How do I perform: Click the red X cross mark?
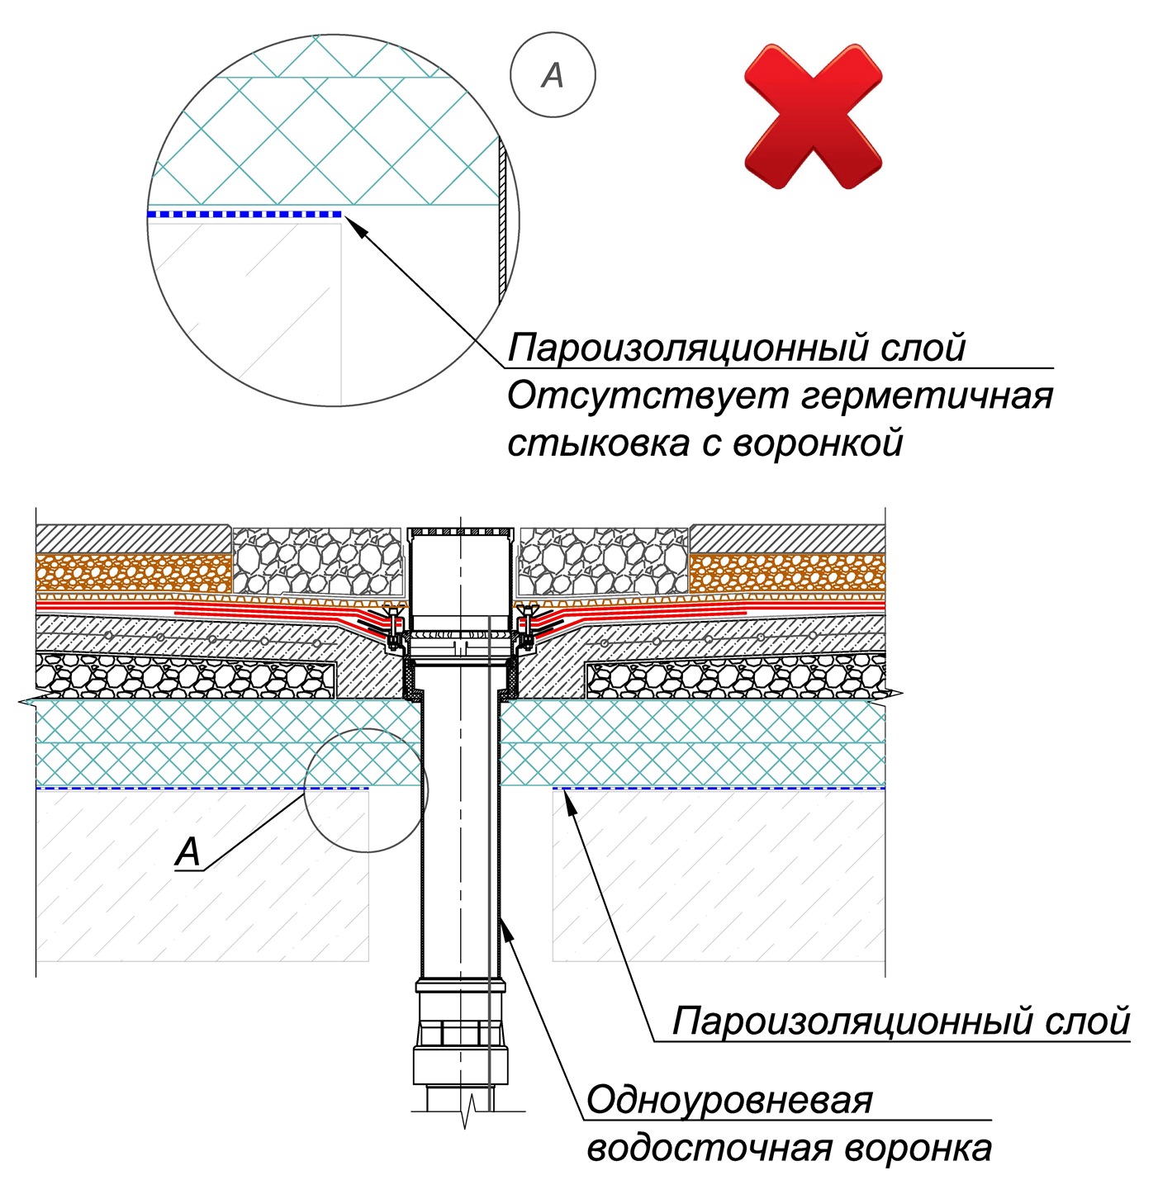pos(813,116)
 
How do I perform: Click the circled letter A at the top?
pos(553,76)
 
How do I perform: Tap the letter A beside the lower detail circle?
pos(188,851)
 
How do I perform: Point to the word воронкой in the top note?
pos(818,443)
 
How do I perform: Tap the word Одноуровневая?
pos(728,1101)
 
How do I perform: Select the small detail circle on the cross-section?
pos(366,790)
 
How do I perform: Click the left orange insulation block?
pos(133,572)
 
